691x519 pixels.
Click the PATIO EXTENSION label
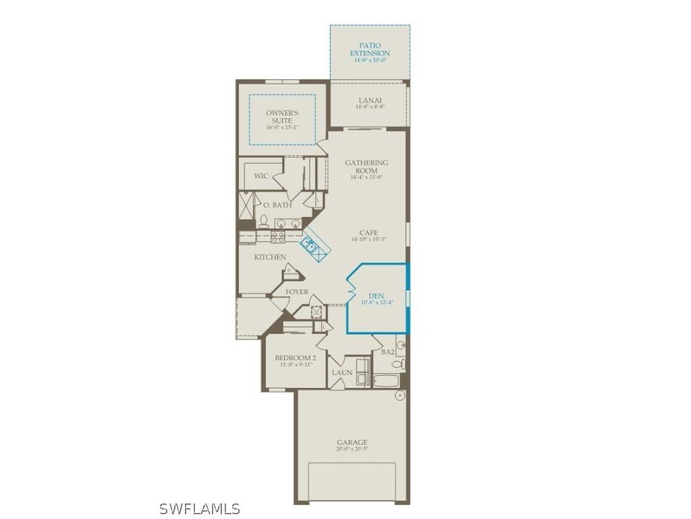pyautogui.click(x=370, y=49)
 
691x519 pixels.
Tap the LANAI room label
pyautogui.click(x=370, y=100)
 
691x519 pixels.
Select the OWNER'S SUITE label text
pyautogui.click(x=282, y=117)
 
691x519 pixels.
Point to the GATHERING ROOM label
pyautogui.click(x=366, y=166)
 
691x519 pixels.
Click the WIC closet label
pyautogui.click(x=261, y=176)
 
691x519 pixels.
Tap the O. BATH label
pyautogui.click(x=277, y=205)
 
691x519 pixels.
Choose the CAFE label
pyautogui.click(x=368, y=232)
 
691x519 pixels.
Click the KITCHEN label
pyautogui.click(x=270, y=257)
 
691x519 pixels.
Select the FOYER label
pyautogui.click(x=297, y=292)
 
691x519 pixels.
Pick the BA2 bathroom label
pyautogui.click(x=387, y=351)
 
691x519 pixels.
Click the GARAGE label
pyautogui.click(x=352, y=443)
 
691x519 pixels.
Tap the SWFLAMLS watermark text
pyautogui.click(x=199, y=508)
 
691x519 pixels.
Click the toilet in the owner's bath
pyautogui.click(x=264, y=221)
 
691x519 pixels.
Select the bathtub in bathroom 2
pyautogui.click(x=387, y=381)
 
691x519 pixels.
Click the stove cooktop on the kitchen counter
pyautogui.click(x=278, y=237)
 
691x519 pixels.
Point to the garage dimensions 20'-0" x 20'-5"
pyautogui.click(x=352, y=449)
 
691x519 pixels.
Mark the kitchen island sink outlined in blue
pyautogui.click(x=311, y=245)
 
